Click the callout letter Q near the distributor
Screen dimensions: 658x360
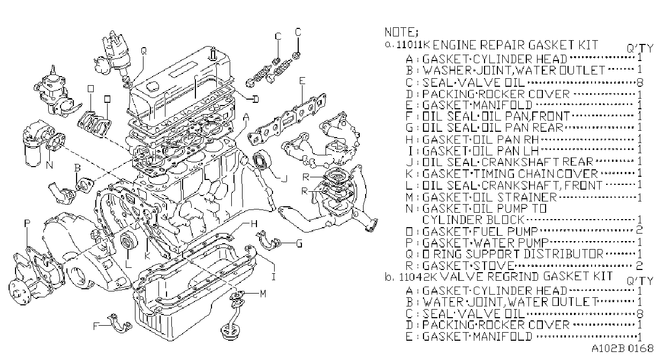pos(143,51)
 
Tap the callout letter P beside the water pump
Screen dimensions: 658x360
pos(27,223)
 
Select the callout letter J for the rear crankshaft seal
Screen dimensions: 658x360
pos(284,178)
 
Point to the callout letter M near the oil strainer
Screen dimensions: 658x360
pos(263,293)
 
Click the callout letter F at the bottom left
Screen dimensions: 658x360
pos(96,326)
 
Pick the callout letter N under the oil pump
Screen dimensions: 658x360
pos(49,165)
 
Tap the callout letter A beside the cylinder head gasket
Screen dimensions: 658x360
pos(246,117)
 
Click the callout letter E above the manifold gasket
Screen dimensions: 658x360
pos(302,81)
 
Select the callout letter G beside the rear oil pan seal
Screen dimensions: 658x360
pos(299,243)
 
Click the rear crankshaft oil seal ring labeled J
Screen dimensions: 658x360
pos(262,160)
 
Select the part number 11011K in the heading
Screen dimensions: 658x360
pos(413,45)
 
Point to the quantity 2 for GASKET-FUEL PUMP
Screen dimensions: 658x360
pos(639,230)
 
